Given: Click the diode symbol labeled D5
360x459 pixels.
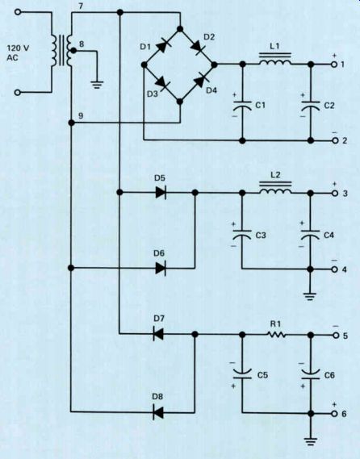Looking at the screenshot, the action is click(x=161, y=192).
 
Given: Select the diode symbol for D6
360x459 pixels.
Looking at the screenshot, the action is click(x=161, y=268).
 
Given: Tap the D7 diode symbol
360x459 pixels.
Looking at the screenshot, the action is click(x=158, y=334).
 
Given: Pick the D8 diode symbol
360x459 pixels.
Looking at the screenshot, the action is click(x=158, y=412).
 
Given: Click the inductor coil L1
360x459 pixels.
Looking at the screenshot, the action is click(x=274, y=60).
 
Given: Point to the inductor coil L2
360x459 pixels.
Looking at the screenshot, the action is click(x=275, y=188).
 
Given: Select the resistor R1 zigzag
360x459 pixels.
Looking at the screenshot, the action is click(x=277, y=335).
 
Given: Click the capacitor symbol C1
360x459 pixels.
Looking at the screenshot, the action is click(x=242, y=106).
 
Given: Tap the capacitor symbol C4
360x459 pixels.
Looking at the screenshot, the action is click(x=311, y=235).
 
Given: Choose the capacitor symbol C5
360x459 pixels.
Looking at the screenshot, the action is click(x=242, y=373).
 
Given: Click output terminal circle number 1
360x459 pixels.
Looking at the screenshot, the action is click(x=334, y=65).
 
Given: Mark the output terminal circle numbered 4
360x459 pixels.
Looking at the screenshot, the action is click(x=335, y=269).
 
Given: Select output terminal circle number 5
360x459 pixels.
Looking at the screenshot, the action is click(x=336, y=336).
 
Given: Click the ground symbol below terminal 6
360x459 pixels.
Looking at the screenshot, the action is click(x=311, y=441).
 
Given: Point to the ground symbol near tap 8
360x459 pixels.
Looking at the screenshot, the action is click(x=97, y=86).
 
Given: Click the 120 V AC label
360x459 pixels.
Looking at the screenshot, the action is click(x=18, y=52).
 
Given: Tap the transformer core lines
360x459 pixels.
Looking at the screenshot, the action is click(x=62, y=50).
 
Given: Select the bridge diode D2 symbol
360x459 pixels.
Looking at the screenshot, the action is click(x=197, y=47).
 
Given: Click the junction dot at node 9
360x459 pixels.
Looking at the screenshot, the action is click(x=71, y=123).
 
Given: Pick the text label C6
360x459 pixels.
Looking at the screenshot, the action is click(x=329, y=375).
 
